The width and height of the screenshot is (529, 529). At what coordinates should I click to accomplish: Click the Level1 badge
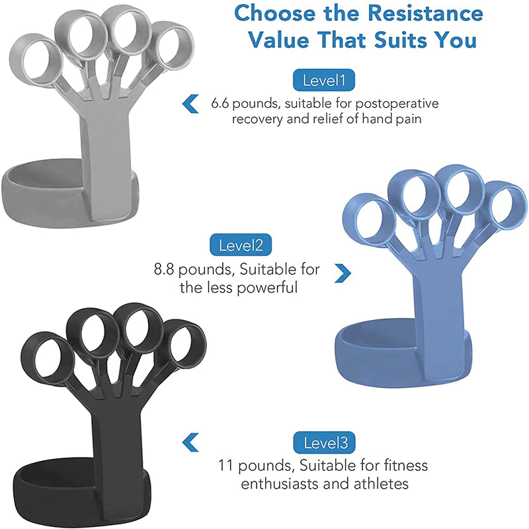coord(324,81)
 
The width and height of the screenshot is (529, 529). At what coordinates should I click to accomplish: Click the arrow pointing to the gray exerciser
coord(190,103)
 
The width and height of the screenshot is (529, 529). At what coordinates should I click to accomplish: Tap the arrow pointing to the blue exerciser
coord(342,272)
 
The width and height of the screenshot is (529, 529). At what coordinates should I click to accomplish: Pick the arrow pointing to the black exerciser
coord(190,441)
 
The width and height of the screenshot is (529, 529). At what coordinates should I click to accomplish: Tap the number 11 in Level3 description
coord(226,466)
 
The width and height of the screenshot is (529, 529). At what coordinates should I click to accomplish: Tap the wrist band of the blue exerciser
coord(370,347)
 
